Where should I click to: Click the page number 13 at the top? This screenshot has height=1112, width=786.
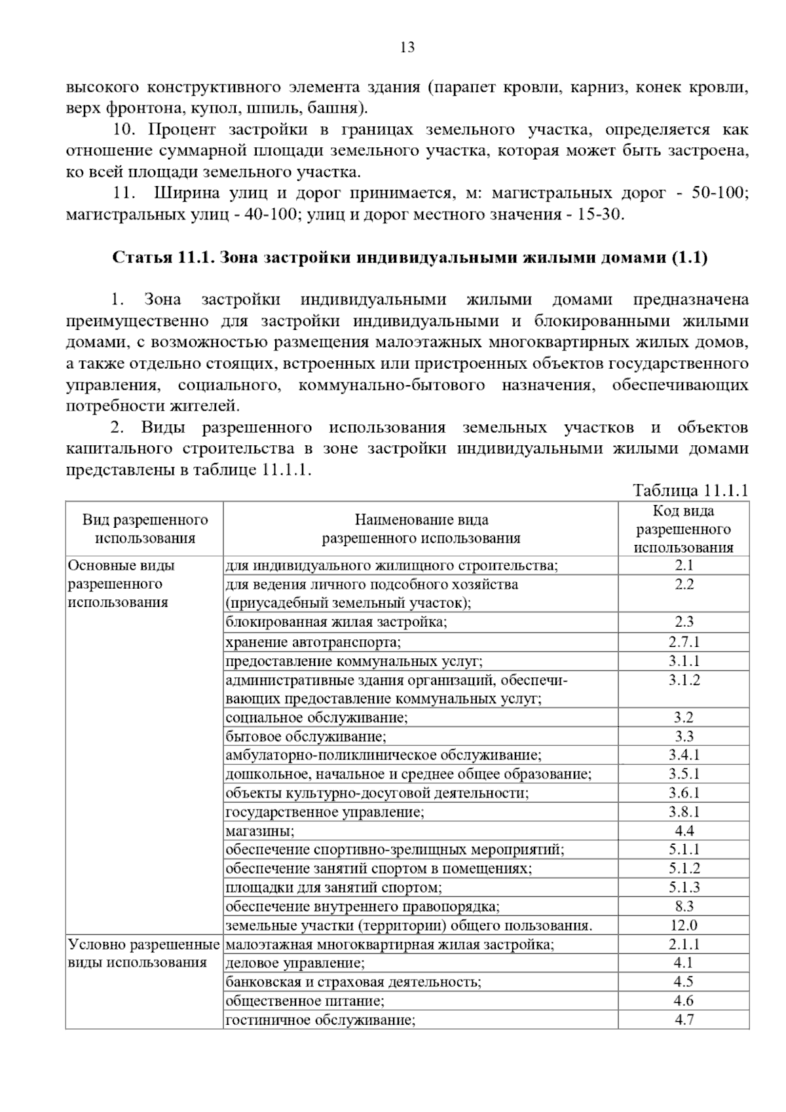pyautogui.click(x=407, y=47)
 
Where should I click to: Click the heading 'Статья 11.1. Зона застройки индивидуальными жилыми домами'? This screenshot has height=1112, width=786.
pyautogui.click(x=409, y=257)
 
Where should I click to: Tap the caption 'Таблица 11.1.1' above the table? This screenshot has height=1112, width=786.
pyautogui.click(x=690, y=491)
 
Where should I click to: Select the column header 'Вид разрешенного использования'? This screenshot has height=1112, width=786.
pyautogui.click(x=145, y=529)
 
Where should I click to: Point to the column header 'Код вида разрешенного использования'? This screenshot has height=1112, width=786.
pyautogui.click(x=683, y=529)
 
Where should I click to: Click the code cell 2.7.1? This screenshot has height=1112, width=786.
pyautogui.click(x=684, y=642)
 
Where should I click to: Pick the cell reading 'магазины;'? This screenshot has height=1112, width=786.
pyautogui.click(x=260, y=831)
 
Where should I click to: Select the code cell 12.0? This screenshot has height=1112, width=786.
pyautogui.click(x=684, y=925)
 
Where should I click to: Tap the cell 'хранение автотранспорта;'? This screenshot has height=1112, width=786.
pyautogui.click(x=313, y=642)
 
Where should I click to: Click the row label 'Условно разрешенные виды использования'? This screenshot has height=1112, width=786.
pyautogui.click(x=143, y=954)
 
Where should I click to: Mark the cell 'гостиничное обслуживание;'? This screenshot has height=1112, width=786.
pyautogui.click(x=320, y=1020)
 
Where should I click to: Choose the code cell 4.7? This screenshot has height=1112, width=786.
pyautogui.click(x=684, y=1020)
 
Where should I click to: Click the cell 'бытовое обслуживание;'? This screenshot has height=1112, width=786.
pyautogui.click(x=305, y=736)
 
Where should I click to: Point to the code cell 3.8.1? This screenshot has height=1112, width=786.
pyautogui.click(x=684, y=812)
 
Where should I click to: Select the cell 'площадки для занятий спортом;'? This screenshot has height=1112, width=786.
pyautogui.click(x=333, y=887)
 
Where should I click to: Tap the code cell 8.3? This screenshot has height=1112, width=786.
pyautogui.click(x=684, y=906)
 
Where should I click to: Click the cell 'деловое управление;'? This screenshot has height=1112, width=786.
pyautogui.click(x=295, y=963)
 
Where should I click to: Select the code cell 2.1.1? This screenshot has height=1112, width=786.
pyautogui.click(x=684, y=944)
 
